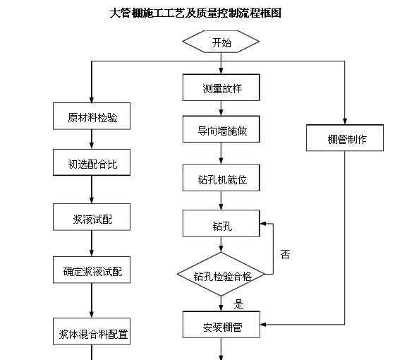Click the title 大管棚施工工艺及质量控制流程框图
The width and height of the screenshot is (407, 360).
point(195,13)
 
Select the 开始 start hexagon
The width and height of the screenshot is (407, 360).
point(221,42)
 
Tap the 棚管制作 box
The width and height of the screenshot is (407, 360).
point(346,138)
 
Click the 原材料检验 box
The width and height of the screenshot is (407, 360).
point(92,117)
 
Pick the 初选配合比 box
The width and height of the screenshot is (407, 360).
point(92,164)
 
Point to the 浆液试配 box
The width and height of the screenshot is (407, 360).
point(92,219)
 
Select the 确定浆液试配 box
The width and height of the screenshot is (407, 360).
point(92,270)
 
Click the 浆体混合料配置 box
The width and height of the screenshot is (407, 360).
point(92,334)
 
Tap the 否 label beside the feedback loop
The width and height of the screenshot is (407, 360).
point(285,254)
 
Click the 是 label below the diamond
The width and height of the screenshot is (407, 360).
point(238,304)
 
